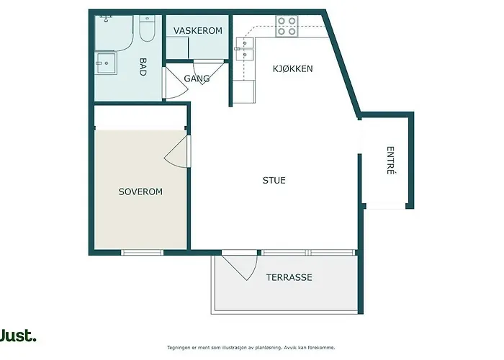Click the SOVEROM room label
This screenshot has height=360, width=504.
[140, 192]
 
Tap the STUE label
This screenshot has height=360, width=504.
[274, 181]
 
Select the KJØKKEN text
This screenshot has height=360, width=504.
[293, 69]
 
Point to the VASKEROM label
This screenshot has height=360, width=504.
[198, 31]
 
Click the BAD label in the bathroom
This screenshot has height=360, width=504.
[143, 67]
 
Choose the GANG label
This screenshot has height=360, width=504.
[197, 78]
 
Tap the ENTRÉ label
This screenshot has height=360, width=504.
[390, 161]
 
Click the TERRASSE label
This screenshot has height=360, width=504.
[289, 277]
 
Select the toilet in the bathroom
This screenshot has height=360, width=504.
[147, 28]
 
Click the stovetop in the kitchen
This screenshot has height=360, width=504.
[287, 27]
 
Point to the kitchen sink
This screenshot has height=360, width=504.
[245, 49]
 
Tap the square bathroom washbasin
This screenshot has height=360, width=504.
[106, 63]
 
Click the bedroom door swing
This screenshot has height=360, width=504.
[176, 151]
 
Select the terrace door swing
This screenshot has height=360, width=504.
[240, 266]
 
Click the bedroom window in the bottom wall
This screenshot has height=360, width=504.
[143, 253]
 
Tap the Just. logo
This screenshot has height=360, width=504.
[18, 336]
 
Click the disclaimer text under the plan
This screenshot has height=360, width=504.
[251, 348]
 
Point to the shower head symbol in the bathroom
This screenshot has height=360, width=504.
[106, 19]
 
